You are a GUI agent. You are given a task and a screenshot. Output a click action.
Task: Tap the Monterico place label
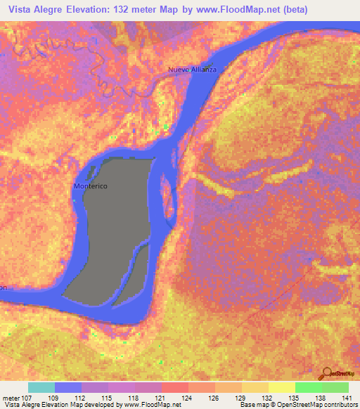click(91, 187)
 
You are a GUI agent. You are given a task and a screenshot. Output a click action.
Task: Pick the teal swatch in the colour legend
click(41, 387)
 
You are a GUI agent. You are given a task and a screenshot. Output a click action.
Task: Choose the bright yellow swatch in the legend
click(281, 387)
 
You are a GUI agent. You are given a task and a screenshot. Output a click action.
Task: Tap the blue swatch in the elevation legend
click(68, 387)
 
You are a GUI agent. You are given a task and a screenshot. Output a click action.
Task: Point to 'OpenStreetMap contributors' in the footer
click(323, 405)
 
